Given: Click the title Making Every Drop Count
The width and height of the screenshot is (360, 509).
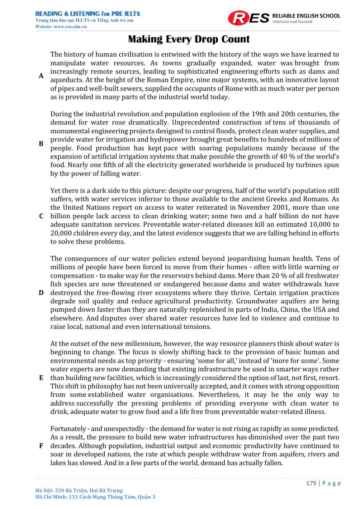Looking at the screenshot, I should tap(189, 39).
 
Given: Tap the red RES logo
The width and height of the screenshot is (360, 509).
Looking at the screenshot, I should tap(248, 18).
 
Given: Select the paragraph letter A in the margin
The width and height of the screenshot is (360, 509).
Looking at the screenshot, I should tap(41, 76).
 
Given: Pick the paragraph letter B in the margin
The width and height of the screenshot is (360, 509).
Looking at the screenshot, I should tap(41, 144).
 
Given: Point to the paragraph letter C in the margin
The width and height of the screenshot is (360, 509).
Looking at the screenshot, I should tap(41, 216).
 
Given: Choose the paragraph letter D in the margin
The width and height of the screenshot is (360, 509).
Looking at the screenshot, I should tap(41, 293).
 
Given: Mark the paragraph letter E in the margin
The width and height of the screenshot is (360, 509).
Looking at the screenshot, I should tap(41, 378).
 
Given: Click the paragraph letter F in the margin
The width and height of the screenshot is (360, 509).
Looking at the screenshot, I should tap(41, 446).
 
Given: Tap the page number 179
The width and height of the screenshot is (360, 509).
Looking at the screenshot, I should tap(311, 483).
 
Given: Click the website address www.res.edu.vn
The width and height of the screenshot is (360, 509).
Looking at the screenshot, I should tap(70, 27).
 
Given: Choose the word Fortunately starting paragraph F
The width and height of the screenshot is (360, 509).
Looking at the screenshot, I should tap(68, 429).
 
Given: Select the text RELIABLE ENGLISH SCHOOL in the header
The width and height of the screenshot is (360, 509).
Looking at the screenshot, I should tap(306, 16).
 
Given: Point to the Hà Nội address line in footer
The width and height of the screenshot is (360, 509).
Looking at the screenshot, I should tap(79, 490).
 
